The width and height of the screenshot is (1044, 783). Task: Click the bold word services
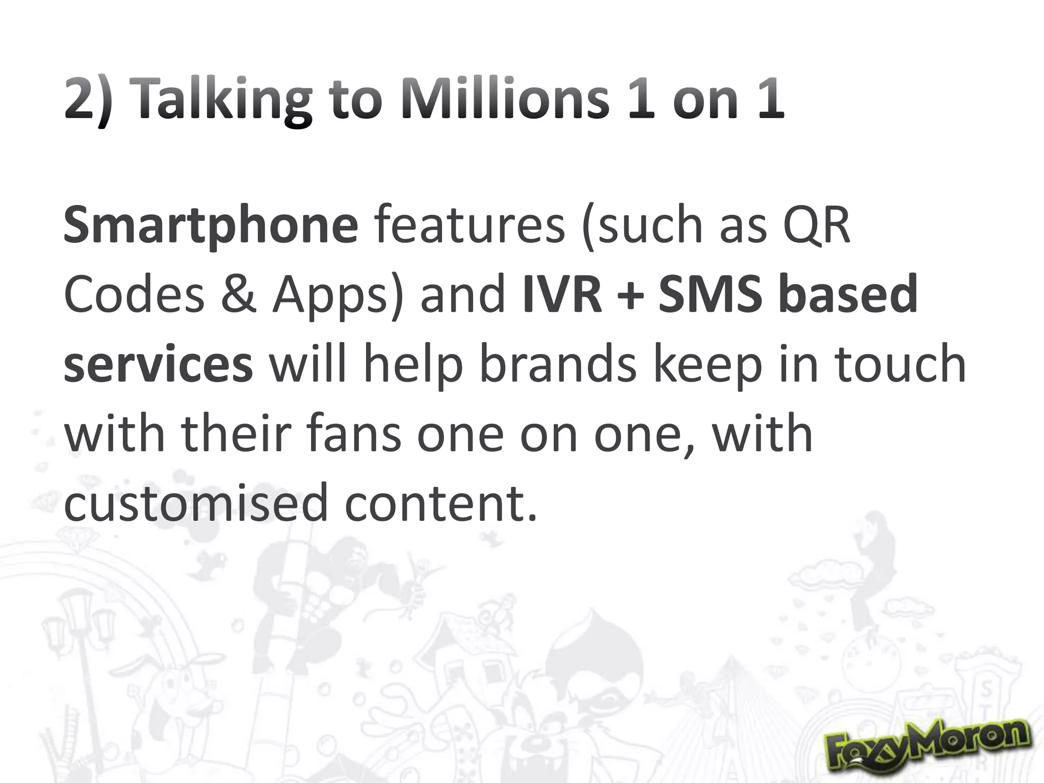tap(158, 364)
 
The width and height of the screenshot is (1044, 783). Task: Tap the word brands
tap(558, 364)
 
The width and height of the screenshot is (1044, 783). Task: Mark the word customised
tap(196, 503)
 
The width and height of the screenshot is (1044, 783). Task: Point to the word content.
tap(441, 503)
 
